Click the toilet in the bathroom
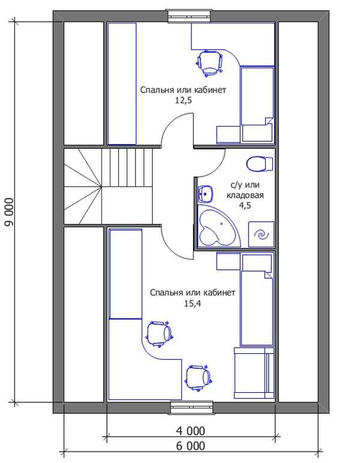(x=260, y=164)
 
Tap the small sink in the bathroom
(x=205, y=193)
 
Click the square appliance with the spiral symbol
(x=261, y=234)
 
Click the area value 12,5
(x=184, y=100)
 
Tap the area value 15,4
(x=193, y=303)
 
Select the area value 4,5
(x=245, y=206)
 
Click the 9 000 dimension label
(x=9, y=212)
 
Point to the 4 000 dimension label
(x=190, y=431)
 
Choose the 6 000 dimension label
(x=190, y=446)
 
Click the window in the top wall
(x=189, y=16)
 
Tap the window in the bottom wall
(x=192, y=407)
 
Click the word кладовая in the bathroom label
(x=245, y=195)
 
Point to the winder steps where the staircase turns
(x=83, y=187)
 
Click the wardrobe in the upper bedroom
(x=122, y=84)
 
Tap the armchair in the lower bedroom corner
(x=254, y=373)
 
